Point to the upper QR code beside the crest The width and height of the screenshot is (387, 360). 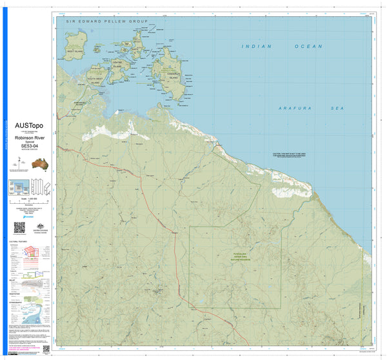click(x=19, y=227)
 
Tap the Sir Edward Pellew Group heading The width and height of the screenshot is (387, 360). click(x=107, y=21)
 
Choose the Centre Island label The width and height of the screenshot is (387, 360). click(x=117, y=65)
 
